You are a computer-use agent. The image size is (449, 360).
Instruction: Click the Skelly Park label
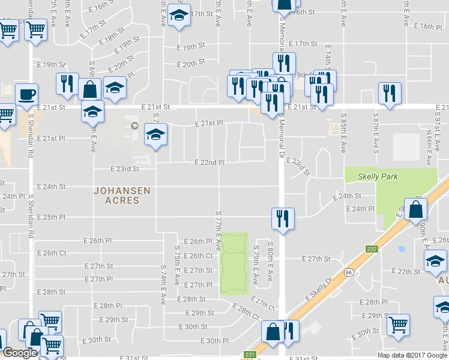click(x=378, y=177)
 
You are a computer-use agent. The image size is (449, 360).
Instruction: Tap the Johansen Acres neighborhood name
click(x=122, y=196)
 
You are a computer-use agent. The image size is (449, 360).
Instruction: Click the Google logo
click(x=20, y=353)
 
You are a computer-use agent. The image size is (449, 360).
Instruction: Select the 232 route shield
click(x=372, y=249)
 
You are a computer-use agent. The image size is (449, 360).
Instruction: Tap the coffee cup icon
click(x=26, y=94)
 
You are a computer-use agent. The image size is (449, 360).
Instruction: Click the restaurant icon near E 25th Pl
click(x=281, y=218)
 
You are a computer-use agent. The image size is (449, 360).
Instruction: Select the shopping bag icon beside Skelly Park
click(x=415, y=210)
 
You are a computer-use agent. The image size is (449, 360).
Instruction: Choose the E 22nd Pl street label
click(x=210, y=163)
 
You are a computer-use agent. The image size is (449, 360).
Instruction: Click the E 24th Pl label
click(x=361, y=209)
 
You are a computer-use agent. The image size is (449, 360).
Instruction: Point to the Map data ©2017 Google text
click(x=412, y=355)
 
